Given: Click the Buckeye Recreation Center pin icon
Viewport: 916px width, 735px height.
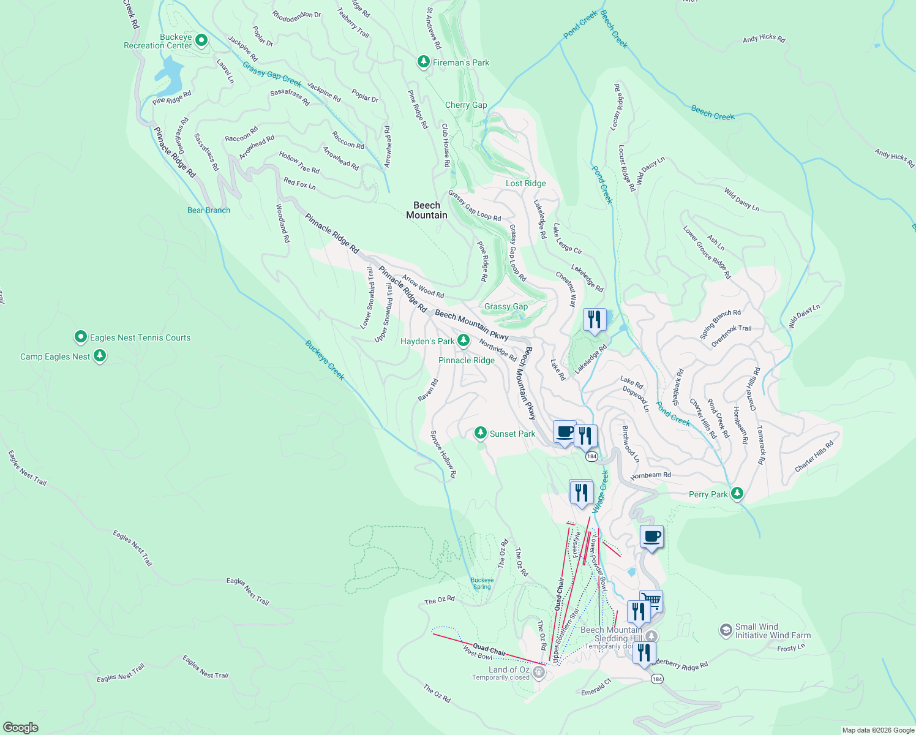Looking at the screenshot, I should click(x=201, y=41).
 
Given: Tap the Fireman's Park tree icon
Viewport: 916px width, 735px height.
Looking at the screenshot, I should click(x=423, y=62).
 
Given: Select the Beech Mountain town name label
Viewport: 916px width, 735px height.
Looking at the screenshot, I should click(x=427, y=210).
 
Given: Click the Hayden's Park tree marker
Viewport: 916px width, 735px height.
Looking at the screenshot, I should click(x=464, y=341).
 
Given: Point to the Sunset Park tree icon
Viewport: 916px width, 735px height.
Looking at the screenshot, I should click(x=481, y=434).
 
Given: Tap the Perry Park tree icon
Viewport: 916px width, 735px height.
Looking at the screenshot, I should click(x=737, y=494).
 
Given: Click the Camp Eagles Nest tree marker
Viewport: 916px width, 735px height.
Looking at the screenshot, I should click(x=100, y=356).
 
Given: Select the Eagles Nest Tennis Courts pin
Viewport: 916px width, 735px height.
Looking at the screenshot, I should click(x=80, y=337).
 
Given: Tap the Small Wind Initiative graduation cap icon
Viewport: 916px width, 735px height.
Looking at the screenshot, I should click(x=726, y=630).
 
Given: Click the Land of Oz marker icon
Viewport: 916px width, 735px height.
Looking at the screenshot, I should click(x=539, y=673).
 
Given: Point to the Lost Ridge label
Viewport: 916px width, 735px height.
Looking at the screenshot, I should click(x=525, y=183).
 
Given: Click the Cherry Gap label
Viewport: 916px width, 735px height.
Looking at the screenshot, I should click(x=466, y=105).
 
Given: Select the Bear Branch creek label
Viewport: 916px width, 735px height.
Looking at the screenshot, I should click(x=209, y=210).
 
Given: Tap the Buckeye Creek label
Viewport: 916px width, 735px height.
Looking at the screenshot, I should click(x=325, y=360).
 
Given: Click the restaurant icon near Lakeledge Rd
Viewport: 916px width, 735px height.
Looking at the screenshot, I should click(x=594, y=320).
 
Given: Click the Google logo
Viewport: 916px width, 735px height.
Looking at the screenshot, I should click(x=21, y=728).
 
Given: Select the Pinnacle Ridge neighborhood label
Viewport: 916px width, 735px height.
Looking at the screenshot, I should click(x=467, y=360).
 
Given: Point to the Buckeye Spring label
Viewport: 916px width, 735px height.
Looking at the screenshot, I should click(x=482, y=583).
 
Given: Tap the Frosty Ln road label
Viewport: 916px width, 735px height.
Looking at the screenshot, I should click(x=791, y=647).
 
